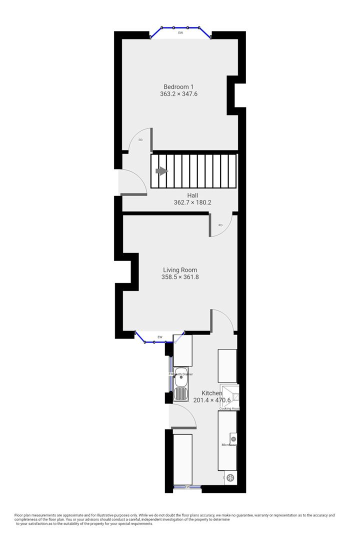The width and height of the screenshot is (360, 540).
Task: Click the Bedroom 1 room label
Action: click(178, 86)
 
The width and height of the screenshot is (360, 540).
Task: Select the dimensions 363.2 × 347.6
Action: click(178, 94)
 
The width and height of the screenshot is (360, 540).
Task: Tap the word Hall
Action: click(192, 195)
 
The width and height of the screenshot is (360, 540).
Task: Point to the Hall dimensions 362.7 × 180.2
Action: click(192, 202)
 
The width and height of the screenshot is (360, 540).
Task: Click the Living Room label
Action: click(180, 270)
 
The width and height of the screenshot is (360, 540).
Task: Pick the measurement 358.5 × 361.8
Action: click(180, 277)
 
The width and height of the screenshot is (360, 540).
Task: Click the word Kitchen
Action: click(212, 393)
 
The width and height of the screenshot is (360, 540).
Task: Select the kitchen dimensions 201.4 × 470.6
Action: click(212, 400)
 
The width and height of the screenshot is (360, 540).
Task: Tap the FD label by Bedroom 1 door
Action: click(140, 140)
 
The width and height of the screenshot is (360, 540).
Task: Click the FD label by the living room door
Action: click(220, 225)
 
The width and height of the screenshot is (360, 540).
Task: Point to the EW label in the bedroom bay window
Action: click(180, 33)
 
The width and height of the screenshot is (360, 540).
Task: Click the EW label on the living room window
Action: click(160, 337)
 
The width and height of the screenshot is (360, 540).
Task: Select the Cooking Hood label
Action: click(229, 408)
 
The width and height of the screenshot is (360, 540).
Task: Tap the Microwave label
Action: click(229, 444)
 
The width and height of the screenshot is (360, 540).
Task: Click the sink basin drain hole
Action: click(180, 377)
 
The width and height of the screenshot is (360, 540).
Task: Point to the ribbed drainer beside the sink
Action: click(180, 395)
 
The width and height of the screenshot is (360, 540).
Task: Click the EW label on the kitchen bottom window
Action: click(187, 486)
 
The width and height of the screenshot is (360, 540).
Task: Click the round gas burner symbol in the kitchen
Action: click(230, 478)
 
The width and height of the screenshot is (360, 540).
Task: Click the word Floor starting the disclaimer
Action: click(19, 515)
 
